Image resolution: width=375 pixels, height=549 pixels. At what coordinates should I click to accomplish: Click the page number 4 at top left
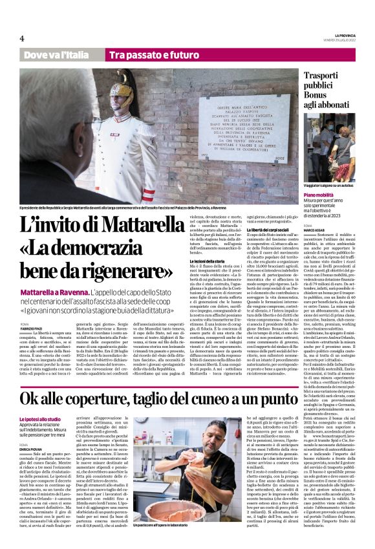(x=21, y=38)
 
